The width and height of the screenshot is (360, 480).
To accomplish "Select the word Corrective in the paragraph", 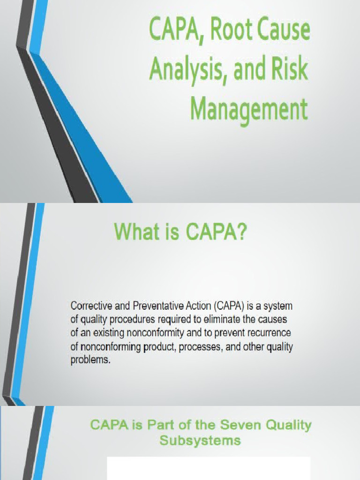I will click(x=91, y=306).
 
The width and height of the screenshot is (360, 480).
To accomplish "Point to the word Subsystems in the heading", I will click(x=200, y=441).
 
